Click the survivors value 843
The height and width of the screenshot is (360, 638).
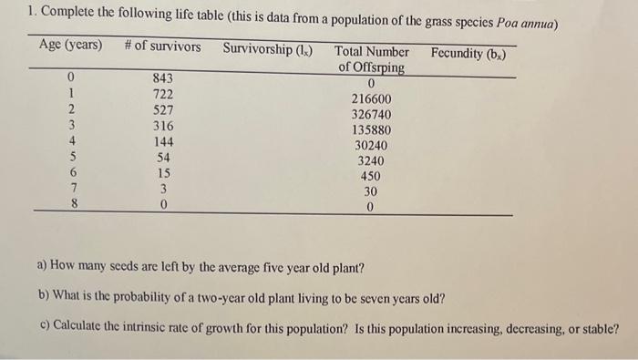(163, 78)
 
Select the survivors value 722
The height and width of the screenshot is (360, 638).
(163, 95)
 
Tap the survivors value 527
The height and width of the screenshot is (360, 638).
(163, 110)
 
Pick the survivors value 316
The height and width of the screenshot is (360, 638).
(163, 126)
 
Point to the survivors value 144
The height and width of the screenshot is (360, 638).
(163, 141)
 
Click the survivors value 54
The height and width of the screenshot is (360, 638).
(163, 157)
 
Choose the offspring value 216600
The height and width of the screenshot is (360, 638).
(371, 99)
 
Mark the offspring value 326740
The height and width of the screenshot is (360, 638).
(371, 115)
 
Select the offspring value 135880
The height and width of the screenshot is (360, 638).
(371, 130)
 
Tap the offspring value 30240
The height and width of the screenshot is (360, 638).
(371, 146)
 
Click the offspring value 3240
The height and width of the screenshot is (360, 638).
(371, 161)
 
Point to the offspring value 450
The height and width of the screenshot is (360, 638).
(371, 176)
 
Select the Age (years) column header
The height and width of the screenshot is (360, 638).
(71, 46)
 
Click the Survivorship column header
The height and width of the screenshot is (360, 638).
(267, 46)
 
